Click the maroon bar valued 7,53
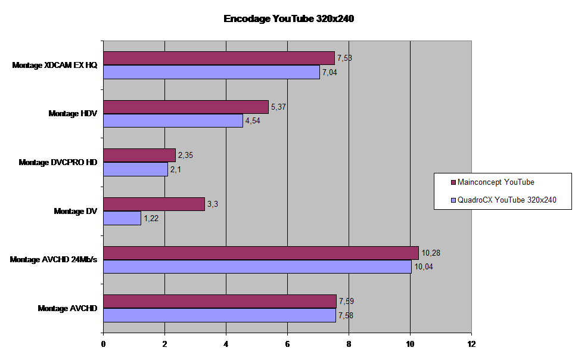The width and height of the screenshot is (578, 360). click(219, 58)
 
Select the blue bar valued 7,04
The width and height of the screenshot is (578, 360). click(212, 72)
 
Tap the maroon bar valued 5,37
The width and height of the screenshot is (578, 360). click(186, 107)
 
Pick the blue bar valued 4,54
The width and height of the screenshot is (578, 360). click(173, 120)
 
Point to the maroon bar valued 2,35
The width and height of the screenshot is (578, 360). click(139, 155)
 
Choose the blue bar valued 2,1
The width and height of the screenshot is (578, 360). click(135, 169)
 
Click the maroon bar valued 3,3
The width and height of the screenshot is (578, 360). click(154, 204)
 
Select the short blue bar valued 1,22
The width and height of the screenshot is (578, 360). click(122, 218)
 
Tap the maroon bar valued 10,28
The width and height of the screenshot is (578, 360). click(261, 253)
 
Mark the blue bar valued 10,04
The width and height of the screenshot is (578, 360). click(257, 266)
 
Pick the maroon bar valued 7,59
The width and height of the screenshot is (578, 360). click(220, 301)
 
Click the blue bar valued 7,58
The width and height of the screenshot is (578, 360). click(219, 315)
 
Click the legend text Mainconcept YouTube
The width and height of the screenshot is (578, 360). click(496, 182)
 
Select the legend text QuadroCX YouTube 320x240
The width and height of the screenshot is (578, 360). click(506, 200)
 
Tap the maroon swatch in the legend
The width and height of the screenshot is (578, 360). click(453, 182)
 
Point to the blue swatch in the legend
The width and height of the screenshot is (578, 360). click(453, 200)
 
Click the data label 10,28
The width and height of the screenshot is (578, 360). click(431, 253)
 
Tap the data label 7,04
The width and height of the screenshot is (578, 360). click(330, 72)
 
